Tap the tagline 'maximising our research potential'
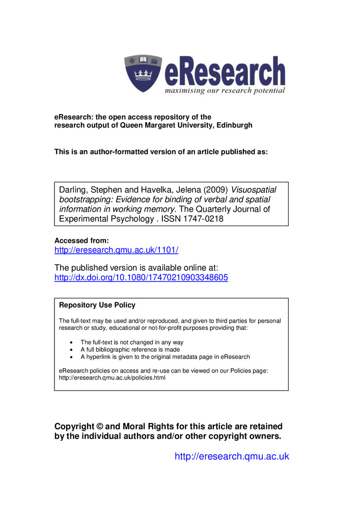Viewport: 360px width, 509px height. click(225, 91)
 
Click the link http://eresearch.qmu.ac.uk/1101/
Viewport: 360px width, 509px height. click(116, 250)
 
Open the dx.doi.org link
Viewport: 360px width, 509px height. click(141, 278)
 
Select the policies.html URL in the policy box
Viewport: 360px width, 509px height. click(112, 378)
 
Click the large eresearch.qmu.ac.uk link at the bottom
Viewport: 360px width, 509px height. click(232, 456)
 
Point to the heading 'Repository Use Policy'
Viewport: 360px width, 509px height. click(97, 305)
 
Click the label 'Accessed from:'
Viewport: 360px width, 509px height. click(81, 240)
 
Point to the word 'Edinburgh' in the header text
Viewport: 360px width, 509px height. click(232, 125)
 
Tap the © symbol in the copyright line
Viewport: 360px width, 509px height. click(101, 426)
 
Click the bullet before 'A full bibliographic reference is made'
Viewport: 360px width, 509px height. click(70, 350)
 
